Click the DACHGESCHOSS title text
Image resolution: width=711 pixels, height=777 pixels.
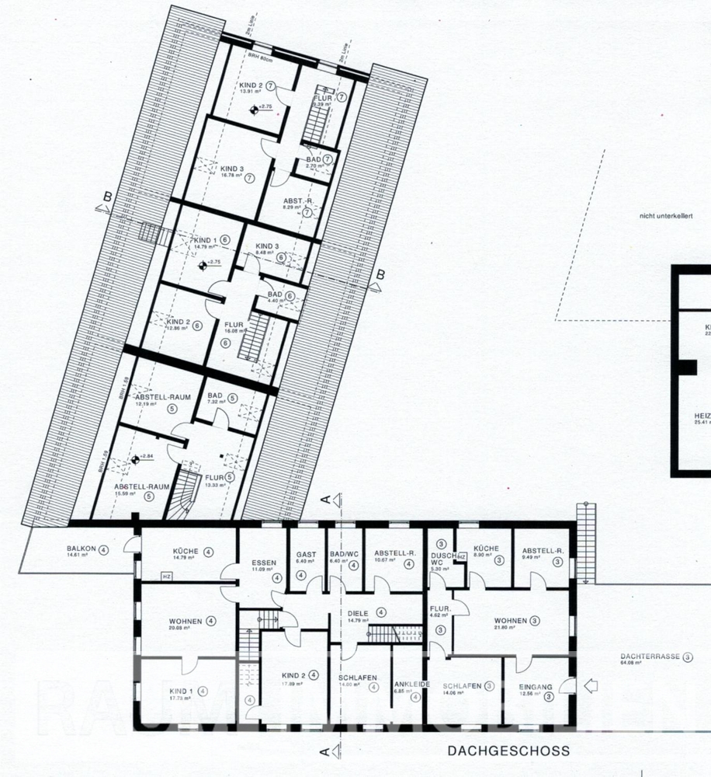pos(508,751)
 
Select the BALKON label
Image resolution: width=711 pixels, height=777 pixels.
pos(81,549)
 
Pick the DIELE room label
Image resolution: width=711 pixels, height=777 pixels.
pos(358,611)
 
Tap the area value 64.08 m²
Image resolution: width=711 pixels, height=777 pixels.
pos(634,664)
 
